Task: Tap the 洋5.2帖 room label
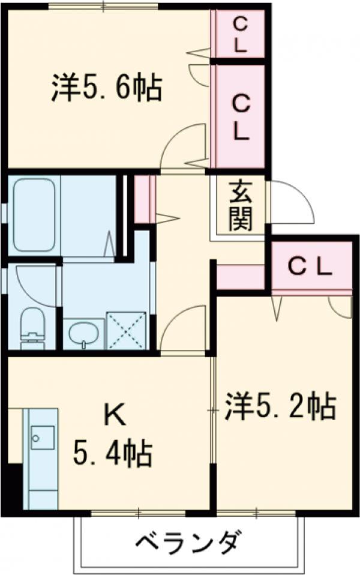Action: [280, 408]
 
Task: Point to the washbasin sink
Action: [83, 333]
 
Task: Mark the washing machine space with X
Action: [126, 330]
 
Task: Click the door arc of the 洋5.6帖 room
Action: [183, 144]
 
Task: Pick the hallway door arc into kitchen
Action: [183, 327]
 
